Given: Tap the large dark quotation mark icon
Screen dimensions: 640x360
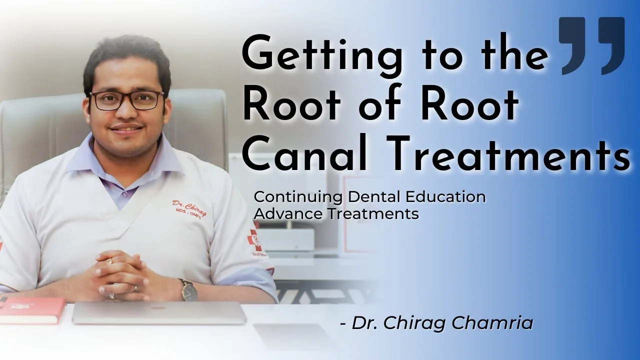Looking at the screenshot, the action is coord(591,45).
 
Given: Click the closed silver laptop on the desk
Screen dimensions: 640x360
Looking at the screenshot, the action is coord(159,313).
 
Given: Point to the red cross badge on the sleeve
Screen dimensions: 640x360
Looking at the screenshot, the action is coord(254,240).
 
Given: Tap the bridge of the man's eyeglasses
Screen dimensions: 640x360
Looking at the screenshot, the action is coord(127,97).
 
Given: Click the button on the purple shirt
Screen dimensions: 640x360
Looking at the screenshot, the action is coord(124,193).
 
